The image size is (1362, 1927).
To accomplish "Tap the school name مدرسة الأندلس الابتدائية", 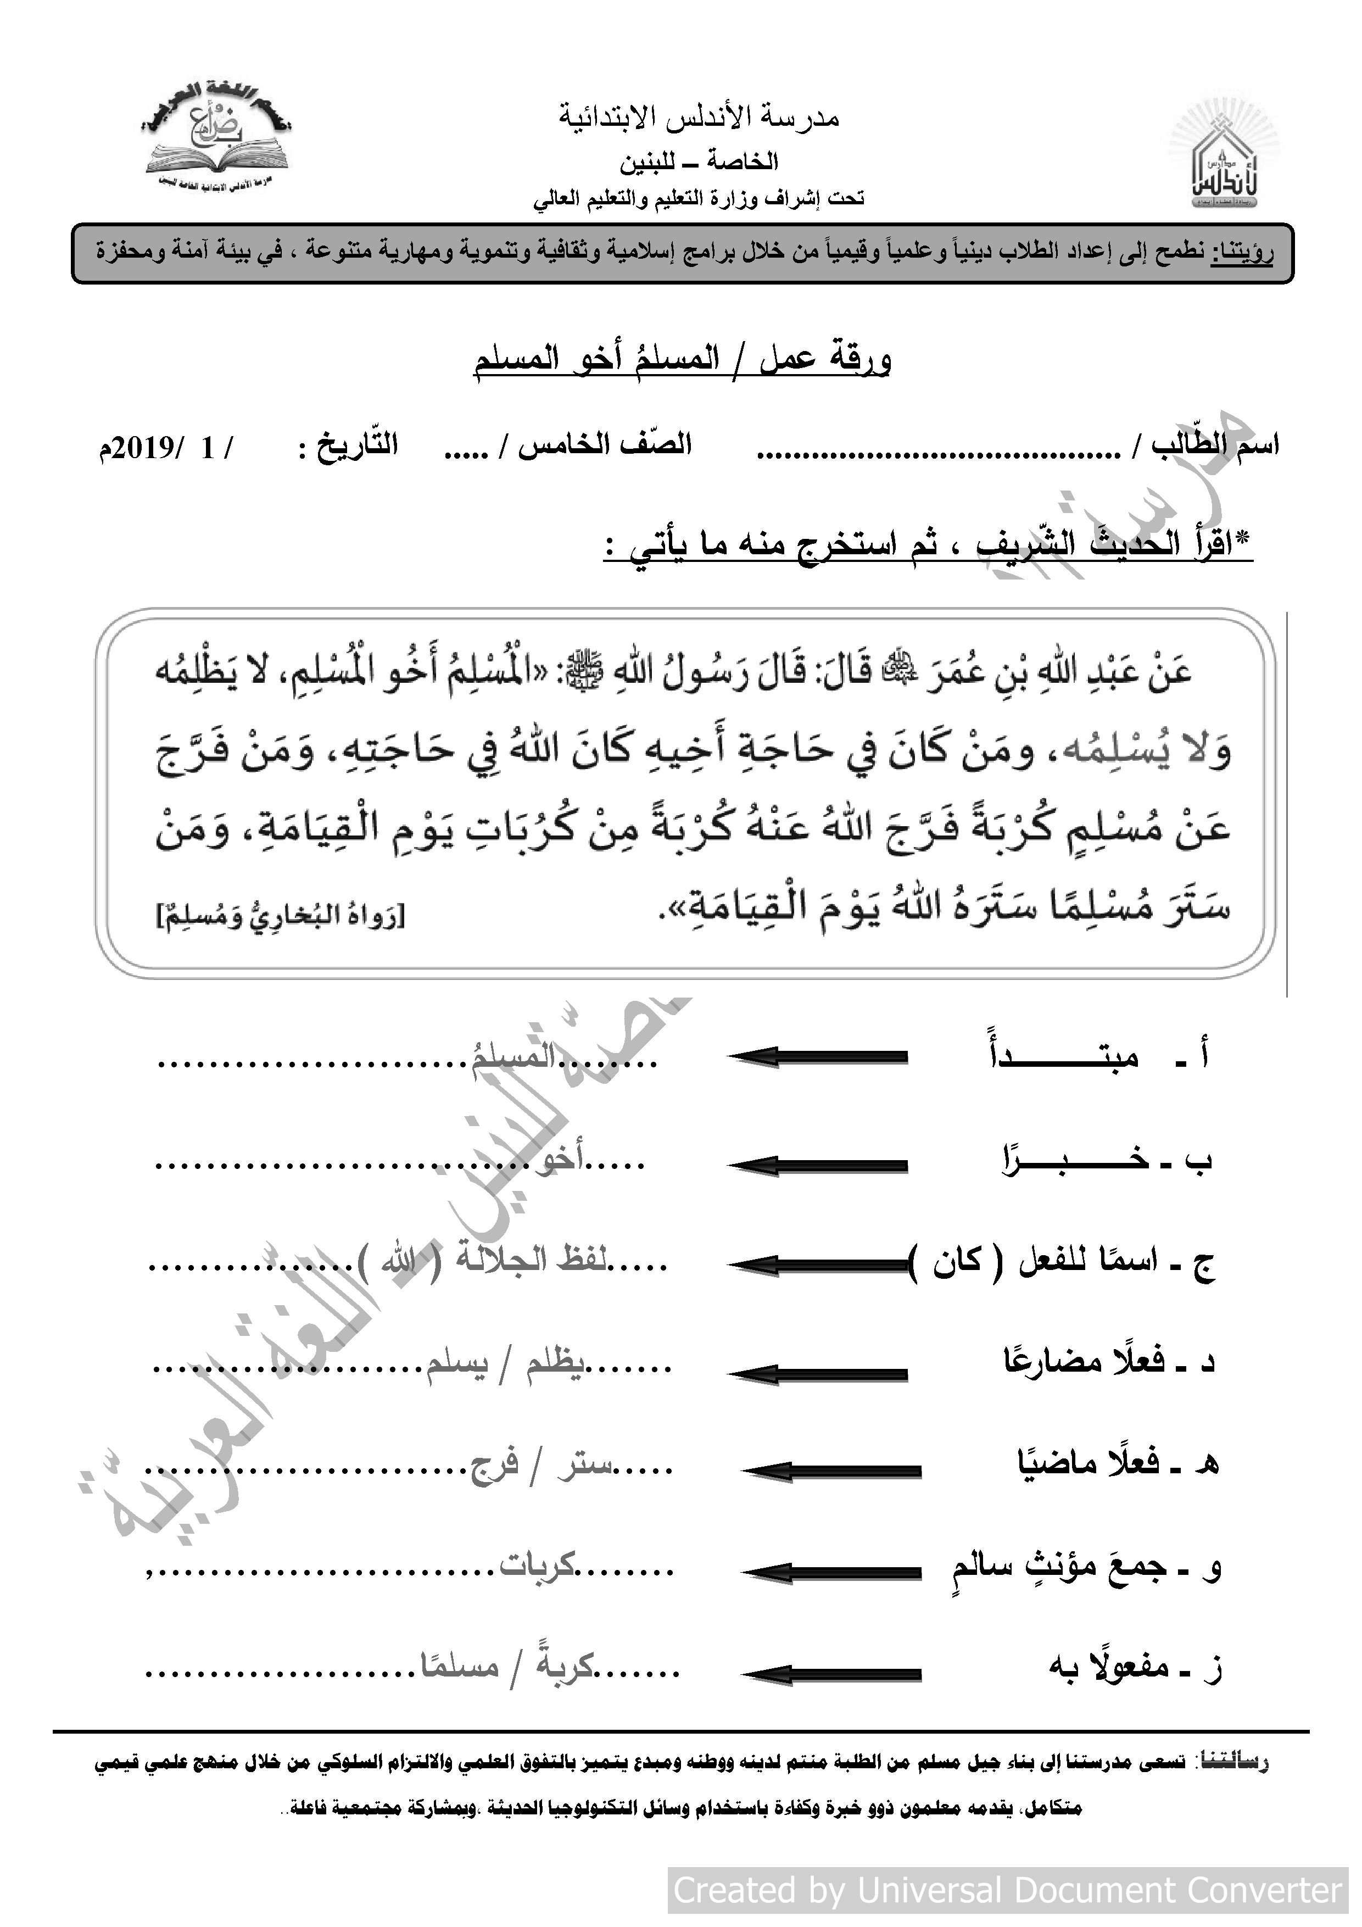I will [699, 118].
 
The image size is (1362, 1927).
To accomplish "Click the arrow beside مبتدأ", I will [817, 1057].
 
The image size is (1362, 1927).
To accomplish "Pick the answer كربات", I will [537, 1565].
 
